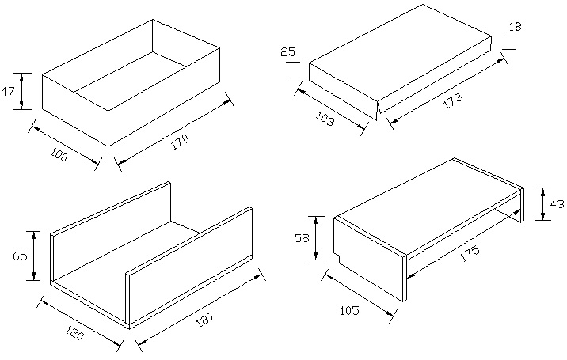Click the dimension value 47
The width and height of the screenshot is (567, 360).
pos(8,92)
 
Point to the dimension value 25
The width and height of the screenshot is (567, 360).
pos(288,53)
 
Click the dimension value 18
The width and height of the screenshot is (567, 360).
pos(515,27)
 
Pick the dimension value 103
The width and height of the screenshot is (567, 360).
pos(325,119)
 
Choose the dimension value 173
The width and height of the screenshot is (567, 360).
pos(453,101)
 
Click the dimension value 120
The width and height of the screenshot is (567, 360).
pos(74,333)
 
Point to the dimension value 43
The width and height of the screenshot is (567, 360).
pos(557,203)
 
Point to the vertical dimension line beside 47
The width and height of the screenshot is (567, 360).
pos(21,92)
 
